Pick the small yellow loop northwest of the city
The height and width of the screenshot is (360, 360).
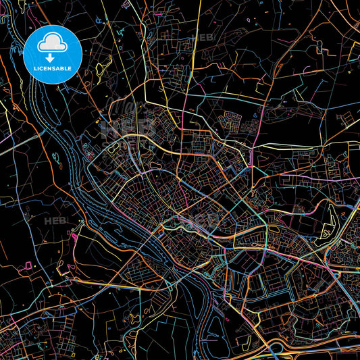click(x=101, y=68)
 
